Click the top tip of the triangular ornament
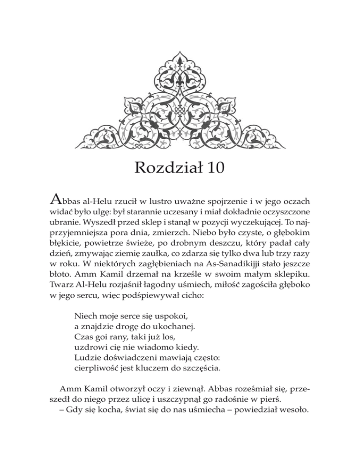pyautogui.click(x=180, y=48)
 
